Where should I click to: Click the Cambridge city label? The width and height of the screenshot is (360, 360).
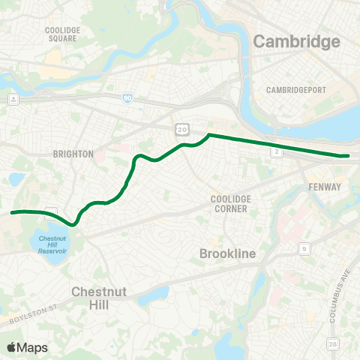pyautogui.click(x=296, y=41)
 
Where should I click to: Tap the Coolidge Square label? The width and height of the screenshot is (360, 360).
pyautogui.click(x=63, y=33)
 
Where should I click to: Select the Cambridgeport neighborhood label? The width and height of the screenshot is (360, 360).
pyautogui.click(x=296, y=90)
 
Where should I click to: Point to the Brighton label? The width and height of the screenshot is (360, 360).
pyautogui.click(x=73, y=154)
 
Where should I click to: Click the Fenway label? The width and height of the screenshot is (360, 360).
pyautogui.click(x=325, y=187)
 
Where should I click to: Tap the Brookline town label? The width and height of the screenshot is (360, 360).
pyautogui.click(x=228, y=254)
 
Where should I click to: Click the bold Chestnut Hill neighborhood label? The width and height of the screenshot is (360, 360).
pyautogui.click(x=90, y=298)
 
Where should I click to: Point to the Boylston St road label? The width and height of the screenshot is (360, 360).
pyautogui.click(x=33, y=315)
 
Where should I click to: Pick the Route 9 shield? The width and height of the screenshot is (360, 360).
pyautogui.click(x=304, y=248)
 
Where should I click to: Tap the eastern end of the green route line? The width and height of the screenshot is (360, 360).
pyautogui.click(x=347, y=155)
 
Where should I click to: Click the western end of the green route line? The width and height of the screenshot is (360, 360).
pyautogui.click(x=11, y=212)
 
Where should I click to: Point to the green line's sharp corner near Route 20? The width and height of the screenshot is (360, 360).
pyautogui.click(x=208, y=135)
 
